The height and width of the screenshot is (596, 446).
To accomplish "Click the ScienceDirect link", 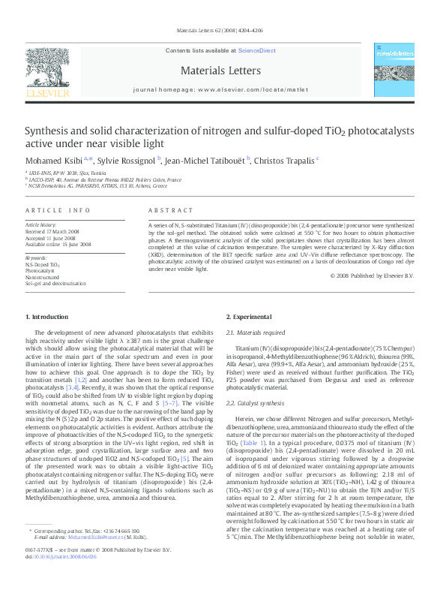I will tap(256, 50).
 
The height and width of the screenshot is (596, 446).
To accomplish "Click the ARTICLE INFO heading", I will tap(58, 210).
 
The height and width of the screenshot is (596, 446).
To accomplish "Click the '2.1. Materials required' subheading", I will tap(256, 332).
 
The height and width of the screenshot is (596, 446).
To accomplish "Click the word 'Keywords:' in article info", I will tap(36, 258).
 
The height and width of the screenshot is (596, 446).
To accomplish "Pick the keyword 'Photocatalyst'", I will tap(41, 271).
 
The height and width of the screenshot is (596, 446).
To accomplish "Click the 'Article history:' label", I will tap(41, 224).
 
